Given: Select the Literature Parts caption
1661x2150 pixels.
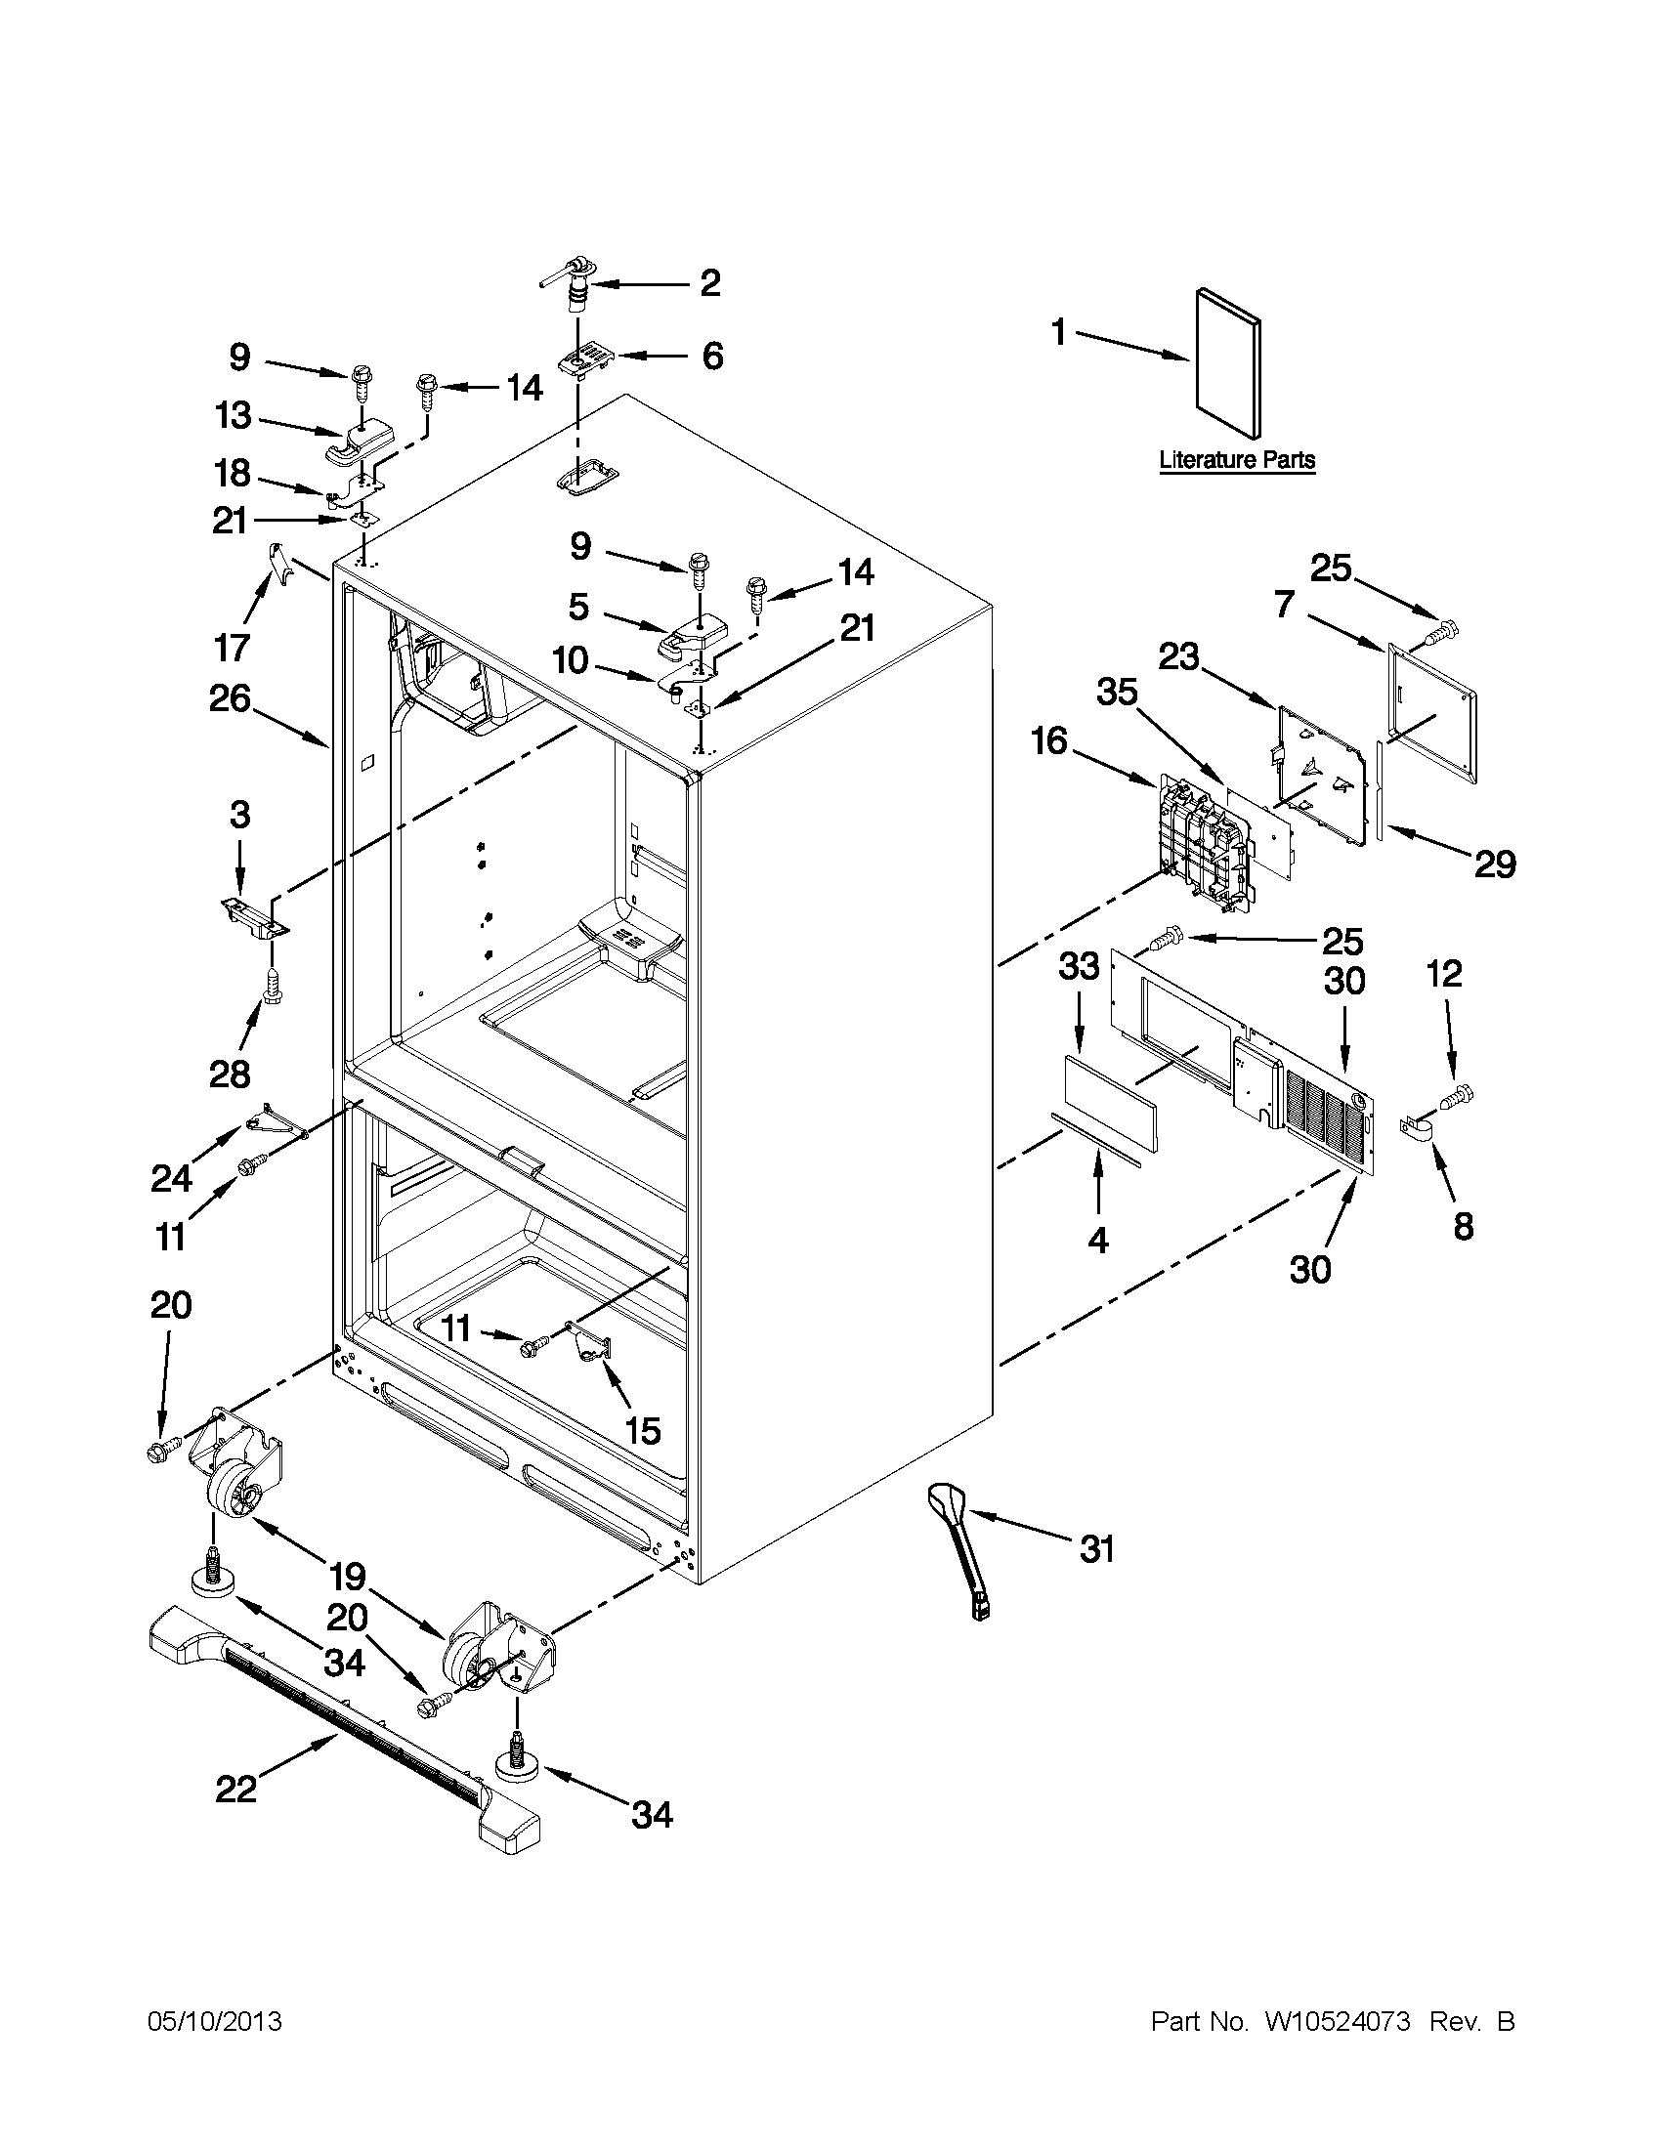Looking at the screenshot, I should (1237, 460).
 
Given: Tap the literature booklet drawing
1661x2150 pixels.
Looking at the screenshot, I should (1227, 363).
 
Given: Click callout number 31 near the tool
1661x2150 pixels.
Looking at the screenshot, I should (1097, 1549).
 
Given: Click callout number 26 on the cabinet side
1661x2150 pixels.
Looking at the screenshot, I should (230, 699).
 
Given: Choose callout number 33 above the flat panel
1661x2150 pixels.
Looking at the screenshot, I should (1078, 967).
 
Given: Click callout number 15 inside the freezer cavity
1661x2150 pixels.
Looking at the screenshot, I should (642, 1430).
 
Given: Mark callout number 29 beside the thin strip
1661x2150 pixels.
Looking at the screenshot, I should (1494, 864).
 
